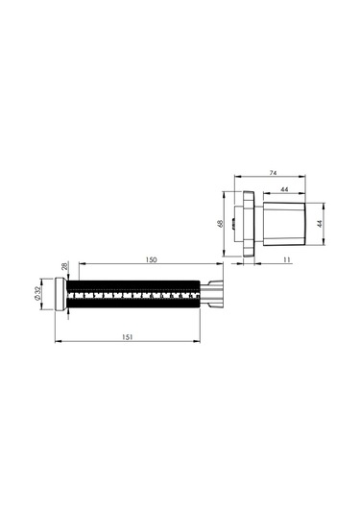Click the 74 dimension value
click(273, 173)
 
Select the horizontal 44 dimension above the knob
click(284, 189)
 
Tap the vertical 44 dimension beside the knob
click(320, 224)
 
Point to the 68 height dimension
click(221, 224)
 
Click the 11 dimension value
click(287, 259)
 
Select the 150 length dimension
click(151, 259)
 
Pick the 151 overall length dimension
click(128, 337)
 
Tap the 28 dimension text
click(65, 266)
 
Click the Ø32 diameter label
click(37, 293)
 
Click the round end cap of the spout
click(60, 294)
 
